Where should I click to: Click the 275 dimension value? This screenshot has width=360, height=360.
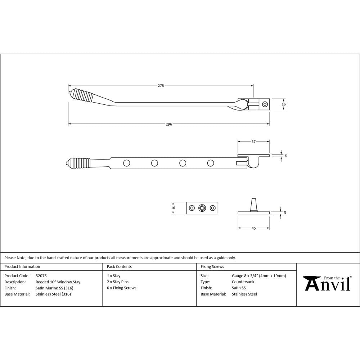[161, 86]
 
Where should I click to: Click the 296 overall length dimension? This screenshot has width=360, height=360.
[169, 124]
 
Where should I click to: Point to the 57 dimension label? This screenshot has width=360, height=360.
[253, 142]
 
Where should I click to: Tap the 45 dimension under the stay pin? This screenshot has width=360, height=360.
[253, 228]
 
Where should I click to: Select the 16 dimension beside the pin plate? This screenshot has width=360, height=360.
[173, 208]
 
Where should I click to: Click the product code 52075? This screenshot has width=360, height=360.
[41, 276]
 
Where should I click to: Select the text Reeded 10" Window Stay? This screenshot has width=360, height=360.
[58, 282]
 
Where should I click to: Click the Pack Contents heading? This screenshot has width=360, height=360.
[119, 267]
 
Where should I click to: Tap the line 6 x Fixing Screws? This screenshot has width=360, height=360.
[122, 288]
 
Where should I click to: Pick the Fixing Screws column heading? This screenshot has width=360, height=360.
[212, 267]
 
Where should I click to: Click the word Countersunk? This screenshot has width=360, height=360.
[243, 282]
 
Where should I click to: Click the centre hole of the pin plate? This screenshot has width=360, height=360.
[202, 208]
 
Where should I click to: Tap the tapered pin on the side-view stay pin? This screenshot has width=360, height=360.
[253, 204]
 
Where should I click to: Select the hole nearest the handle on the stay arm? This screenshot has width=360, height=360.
[126, 163]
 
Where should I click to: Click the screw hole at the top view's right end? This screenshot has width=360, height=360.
[265, 104]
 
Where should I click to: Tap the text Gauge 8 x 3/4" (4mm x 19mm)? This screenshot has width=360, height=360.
[259, 276]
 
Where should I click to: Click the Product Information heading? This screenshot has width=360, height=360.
[22, 267]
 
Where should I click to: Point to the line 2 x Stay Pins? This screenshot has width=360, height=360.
[118, 282]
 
